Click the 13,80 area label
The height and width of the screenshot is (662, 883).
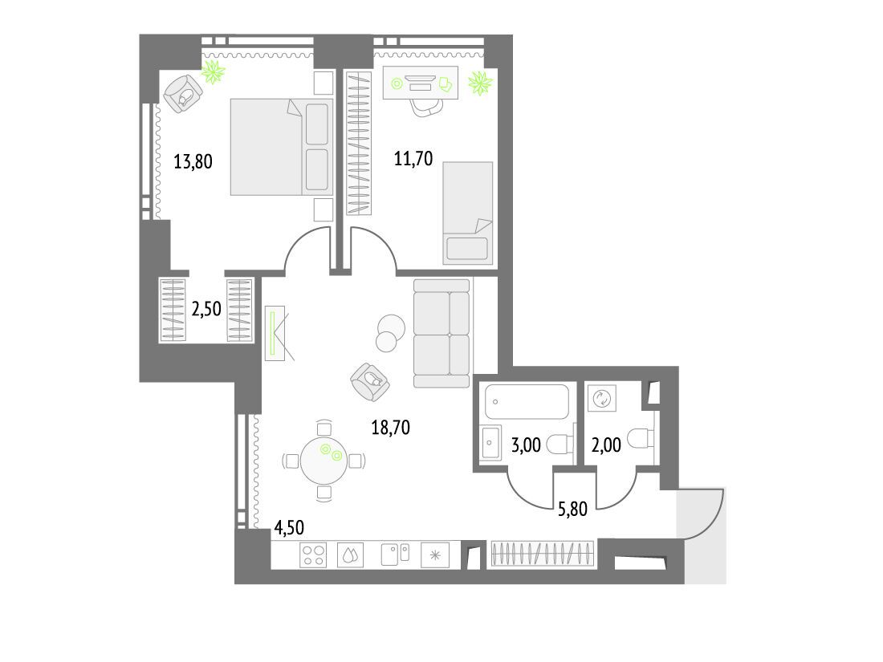click(x=193, y=162)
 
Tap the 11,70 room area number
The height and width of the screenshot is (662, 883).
click(x=413, y=159)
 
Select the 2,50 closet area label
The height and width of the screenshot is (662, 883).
click(x=206, y=309)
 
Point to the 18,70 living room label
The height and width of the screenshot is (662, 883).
click(x=390, y=428)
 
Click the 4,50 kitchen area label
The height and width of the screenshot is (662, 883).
click(x=289, y=527)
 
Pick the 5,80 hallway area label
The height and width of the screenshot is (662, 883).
click(x=572, y=509)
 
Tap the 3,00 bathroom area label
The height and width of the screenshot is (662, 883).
click(x=526, y=445)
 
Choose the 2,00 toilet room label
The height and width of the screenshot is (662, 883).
click(x=606, y=445)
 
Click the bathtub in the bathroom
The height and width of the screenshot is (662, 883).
click(x=527, y=402)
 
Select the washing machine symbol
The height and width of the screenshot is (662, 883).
click(x=602, y=399)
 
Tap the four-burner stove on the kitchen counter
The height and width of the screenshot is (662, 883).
click(x=313, y=555)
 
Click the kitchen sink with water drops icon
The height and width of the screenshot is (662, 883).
click(x=350, y=555)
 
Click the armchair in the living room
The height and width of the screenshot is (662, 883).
click(x=370, y=382)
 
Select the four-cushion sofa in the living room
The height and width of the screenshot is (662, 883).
click(x=441, y=333)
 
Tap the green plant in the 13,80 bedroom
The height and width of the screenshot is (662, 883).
click(x=214, y=71)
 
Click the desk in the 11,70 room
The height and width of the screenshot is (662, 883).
click(x=420, y=83)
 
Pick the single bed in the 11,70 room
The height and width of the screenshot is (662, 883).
click(x=468, y=213)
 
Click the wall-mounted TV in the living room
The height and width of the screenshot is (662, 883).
click(x=275, y=333)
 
